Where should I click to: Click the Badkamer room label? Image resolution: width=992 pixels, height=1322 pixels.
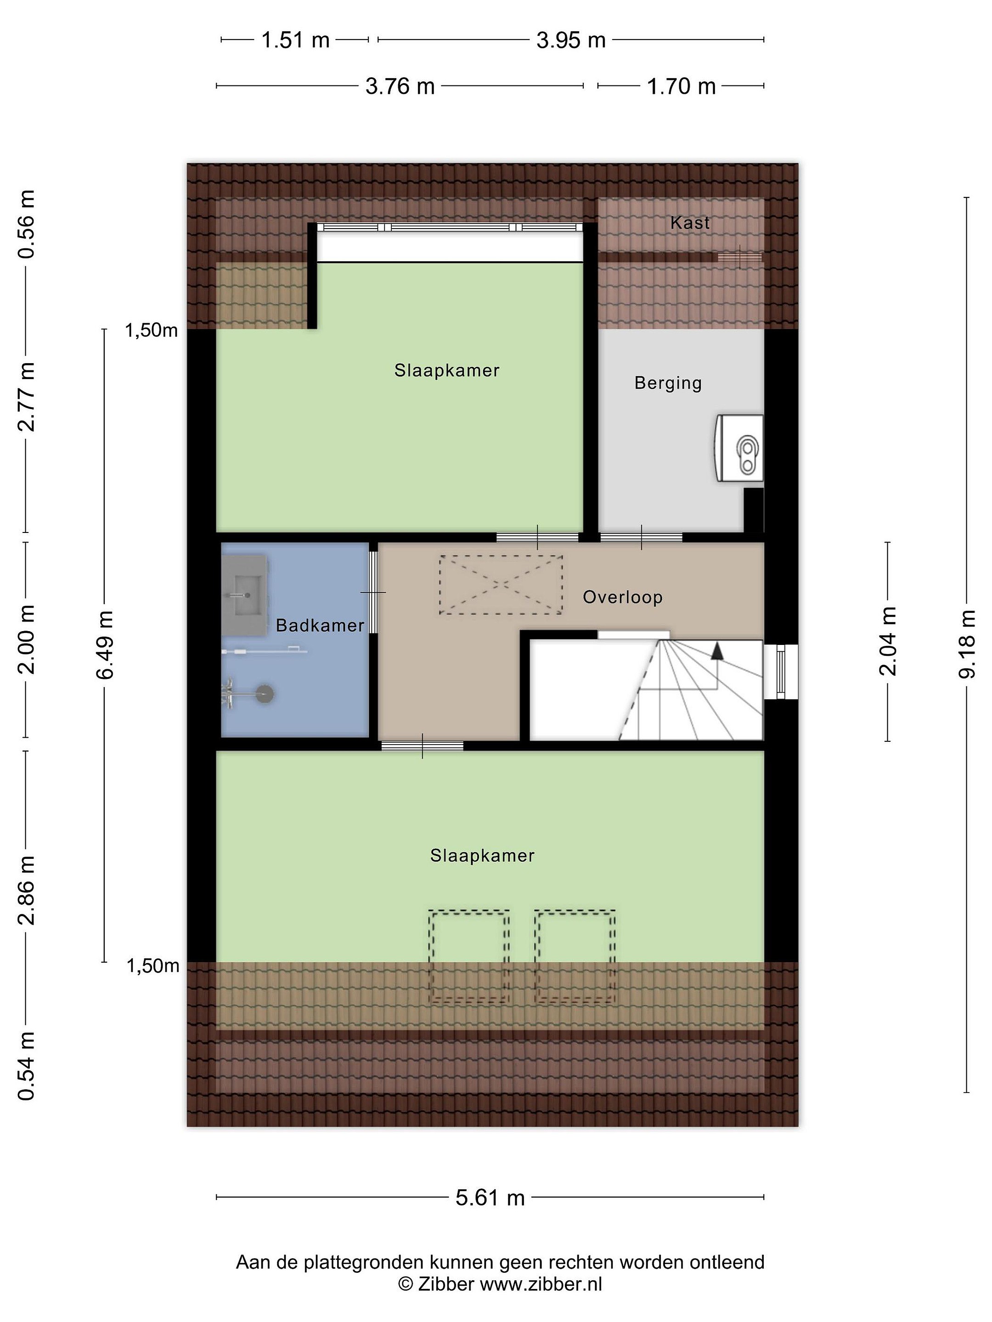click(320, 626)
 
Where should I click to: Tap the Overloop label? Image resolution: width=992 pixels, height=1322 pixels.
click(622, 597)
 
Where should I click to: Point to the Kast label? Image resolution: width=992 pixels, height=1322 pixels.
click(690, 223)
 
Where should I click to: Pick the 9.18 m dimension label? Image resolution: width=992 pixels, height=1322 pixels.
click(967, 644)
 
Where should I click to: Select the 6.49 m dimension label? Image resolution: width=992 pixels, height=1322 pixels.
click(105, 645)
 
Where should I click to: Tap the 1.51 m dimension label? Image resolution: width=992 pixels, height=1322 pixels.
click(295, 40)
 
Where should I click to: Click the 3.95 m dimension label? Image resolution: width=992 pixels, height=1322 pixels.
click(571, 40)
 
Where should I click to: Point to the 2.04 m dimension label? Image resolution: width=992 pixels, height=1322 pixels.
click(888, 641)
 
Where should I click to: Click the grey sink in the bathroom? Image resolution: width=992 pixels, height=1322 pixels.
click(245, 594)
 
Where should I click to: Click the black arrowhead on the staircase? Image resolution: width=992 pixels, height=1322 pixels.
click(717, 650)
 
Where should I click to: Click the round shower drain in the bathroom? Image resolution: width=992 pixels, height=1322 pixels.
click(265, 695)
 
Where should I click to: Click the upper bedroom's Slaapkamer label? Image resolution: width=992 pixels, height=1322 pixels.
click(447, 370)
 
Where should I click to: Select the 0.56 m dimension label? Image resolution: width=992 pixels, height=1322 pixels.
click(26, 224)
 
